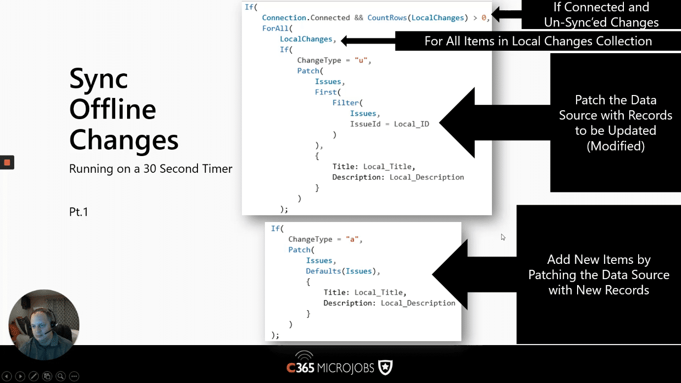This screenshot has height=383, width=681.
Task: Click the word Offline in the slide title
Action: [113, 109]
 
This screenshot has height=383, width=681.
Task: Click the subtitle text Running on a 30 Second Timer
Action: [151, 169]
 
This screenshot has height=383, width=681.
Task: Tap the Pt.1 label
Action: [79, 212]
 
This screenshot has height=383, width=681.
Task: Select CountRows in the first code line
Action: [387, 18]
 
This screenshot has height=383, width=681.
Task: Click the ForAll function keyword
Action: [275, 28]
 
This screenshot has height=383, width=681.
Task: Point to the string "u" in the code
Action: [361, 60]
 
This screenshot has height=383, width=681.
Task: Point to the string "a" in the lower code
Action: [352, 239]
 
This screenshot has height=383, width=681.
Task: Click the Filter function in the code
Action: [346, 103]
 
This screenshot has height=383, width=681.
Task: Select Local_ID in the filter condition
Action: [412, 124]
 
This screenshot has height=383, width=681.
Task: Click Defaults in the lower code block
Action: [324, 271]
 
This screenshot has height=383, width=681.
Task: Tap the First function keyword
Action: [325, 92]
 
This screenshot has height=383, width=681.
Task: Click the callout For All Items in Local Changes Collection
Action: [538, 41]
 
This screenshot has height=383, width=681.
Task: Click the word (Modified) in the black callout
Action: [616, 146]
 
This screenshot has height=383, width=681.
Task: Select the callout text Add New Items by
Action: [599, 259]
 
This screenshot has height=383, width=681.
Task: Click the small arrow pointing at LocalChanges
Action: [368, 41]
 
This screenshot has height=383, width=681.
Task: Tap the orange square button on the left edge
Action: [7, 162]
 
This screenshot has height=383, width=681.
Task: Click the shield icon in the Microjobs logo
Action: [386, 367]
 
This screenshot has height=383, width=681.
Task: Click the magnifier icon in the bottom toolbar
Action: [61, 376]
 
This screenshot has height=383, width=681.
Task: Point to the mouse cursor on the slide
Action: [503, 237]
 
